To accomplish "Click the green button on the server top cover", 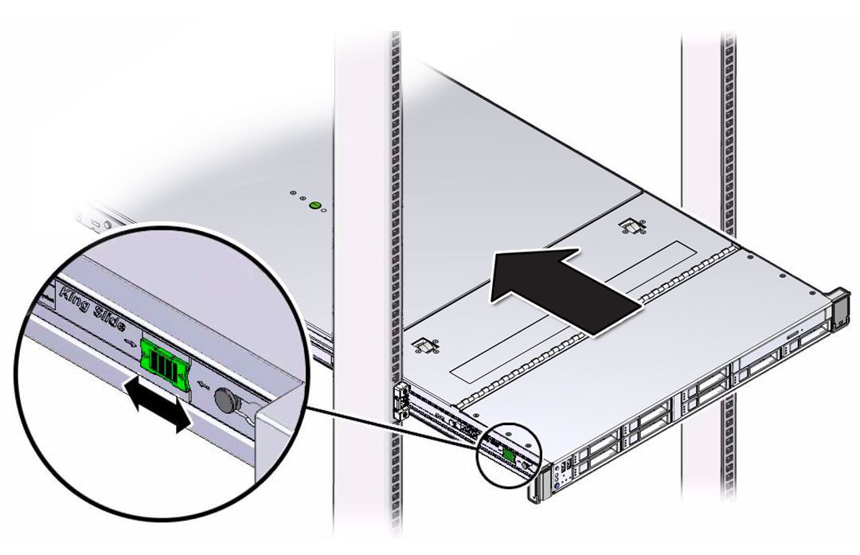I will coord(314,206).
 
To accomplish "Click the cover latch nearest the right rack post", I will coord(631,228).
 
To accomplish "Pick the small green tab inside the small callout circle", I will coord(508,454).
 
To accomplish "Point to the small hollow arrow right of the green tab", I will coord(202,388).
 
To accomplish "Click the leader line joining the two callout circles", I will coord(382,427).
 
